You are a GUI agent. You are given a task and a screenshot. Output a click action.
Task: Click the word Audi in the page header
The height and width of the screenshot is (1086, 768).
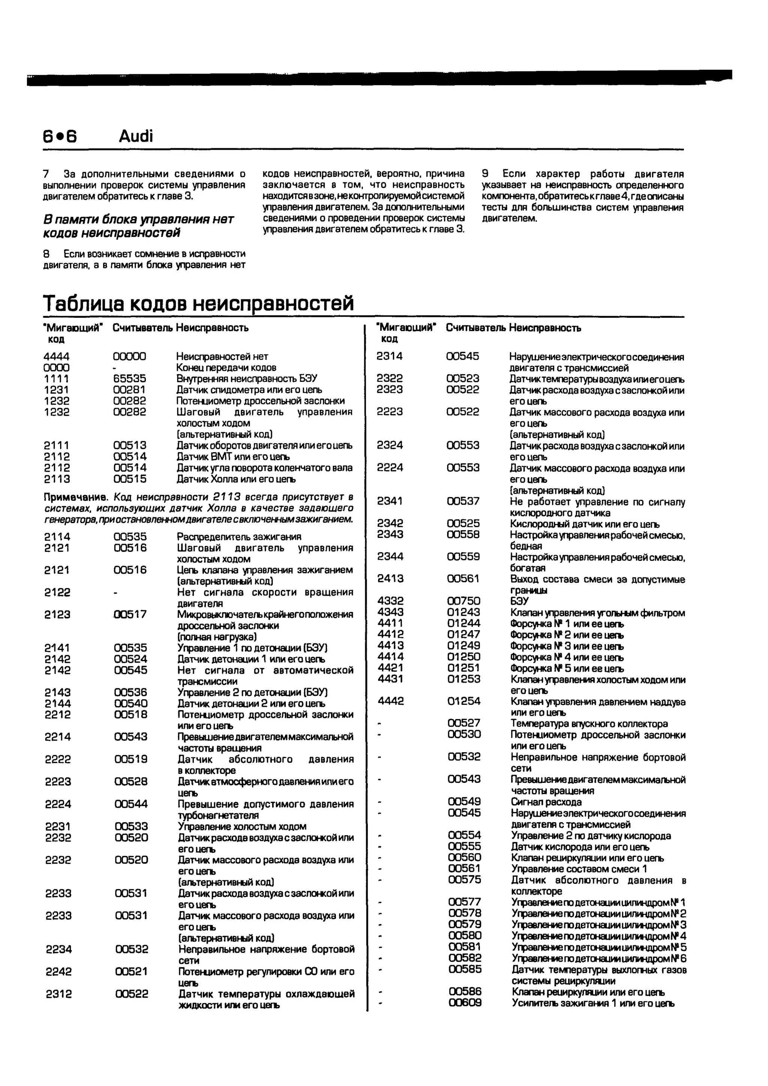tap(136, 136)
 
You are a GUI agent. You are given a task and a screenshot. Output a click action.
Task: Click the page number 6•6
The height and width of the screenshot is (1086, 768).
tap(60, 136)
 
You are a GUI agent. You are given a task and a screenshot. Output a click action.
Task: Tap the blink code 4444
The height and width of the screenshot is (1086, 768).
tap(56, 357)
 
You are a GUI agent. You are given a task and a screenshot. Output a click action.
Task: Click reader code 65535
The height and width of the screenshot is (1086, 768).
tap(130, 379)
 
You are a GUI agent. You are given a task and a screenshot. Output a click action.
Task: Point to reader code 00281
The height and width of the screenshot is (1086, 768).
tap(130, 390)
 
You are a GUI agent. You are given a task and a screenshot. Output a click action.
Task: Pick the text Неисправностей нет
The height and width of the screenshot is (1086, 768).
tap(222, 357)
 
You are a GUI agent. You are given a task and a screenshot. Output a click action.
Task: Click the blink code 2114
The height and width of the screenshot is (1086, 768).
tap(57, 537)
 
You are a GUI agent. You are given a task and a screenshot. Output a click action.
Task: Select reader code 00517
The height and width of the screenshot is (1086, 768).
tap(130, 614)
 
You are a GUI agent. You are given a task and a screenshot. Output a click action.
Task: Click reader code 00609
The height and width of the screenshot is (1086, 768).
tap(465, 1003)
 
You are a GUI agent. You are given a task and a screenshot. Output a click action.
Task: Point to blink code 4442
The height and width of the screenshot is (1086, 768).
tap(391, 701)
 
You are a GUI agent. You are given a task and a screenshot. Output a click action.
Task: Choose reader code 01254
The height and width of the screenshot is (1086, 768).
tap(464, 701)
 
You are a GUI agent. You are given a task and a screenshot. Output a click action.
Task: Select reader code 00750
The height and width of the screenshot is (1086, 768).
tap(463, 601)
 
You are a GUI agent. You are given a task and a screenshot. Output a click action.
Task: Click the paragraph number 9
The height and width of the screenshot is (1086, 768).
tap(485, 174)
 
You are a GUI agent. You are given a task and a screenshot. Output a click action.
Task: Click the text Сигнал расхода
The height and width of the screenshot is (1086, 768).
tap(546, 802)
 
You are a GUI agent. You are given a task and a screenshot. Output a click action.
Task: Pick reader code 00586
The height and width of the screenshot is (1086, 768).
tap(465, 991)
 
